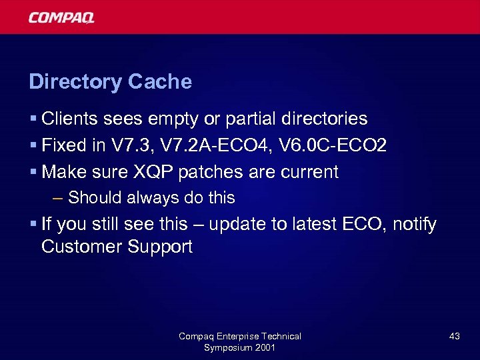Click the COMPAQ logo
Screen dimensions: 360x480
[61, 17]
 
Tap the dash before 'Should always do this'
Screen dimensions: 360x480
[57, 198]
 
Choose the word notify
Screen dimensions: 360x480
[415, 225]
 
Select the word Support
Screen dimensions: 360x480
[158, 247]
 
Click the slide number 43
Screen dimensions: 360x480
[454, 337]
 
